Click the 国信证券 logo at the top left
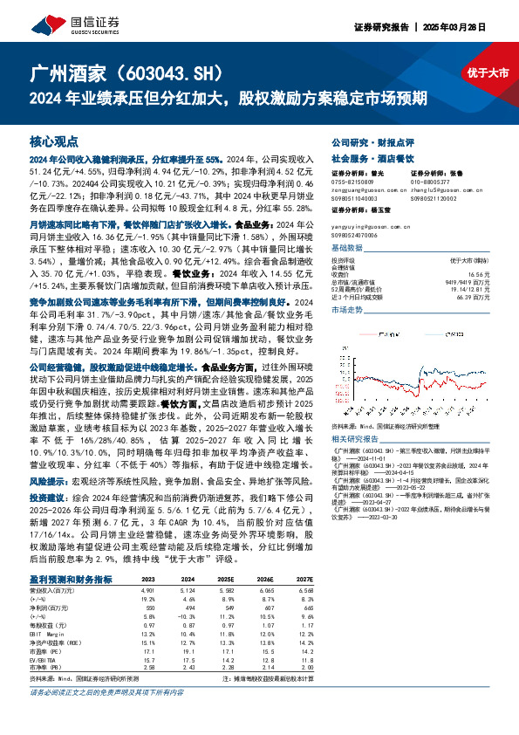tap(61, 21)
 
